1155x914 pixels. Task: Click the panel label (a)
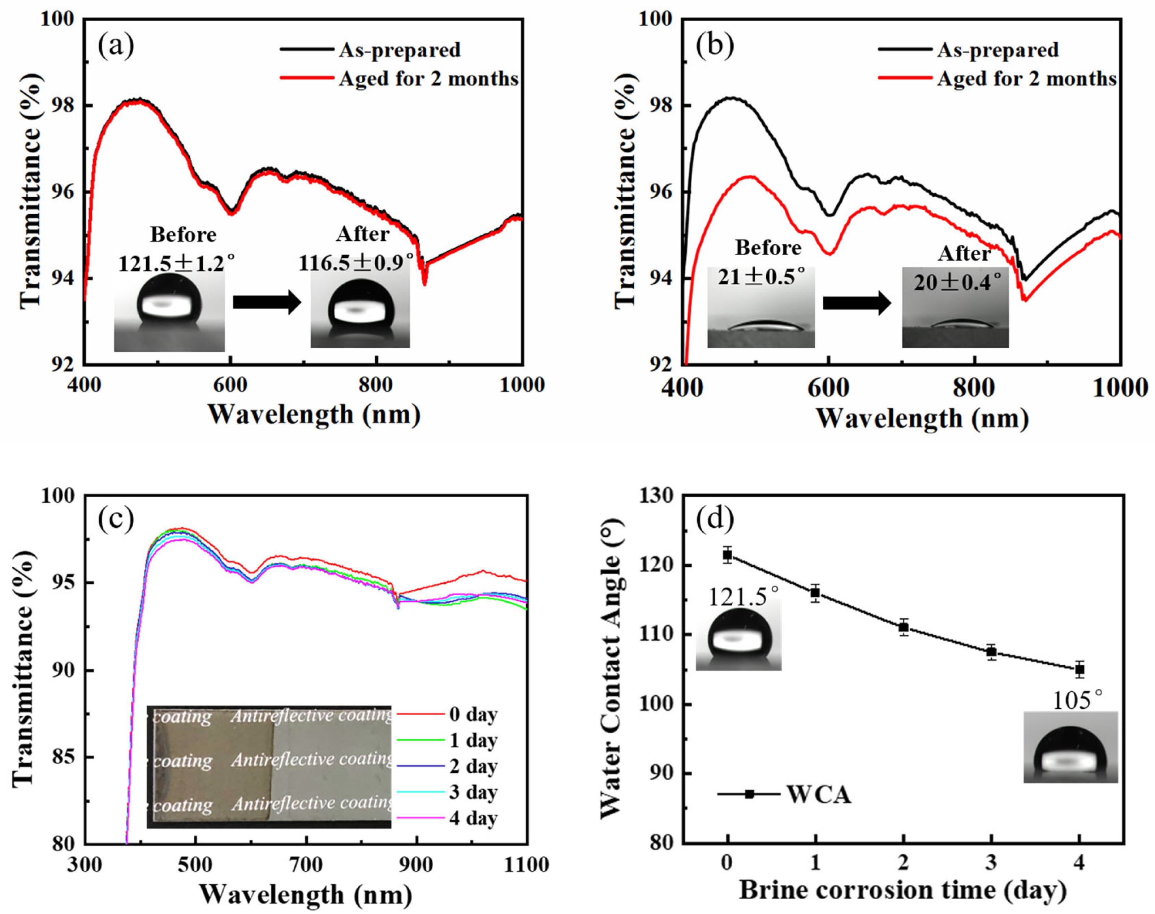pyautogui.click(x=116, y=46)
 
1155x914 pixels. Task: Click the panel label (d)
pyautogui.click(x=715, y=518)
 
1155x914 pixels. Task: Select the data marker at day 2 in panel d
pyautogui.click(x=904, y=627)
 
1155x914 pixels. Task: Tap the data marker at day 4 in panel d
pyautogui.click(x=1079, y=669)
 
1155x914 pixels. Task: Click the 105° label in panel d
pyautogui.click(x=1077, y=700)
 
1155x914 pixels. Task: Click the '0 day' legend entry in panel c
pyautogui.click(x=473, y=715)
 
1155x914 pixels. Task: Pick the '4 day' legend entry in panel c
pyautogui.click(x=473, y=818)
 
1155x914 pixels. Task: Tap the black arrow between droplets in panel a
pyautogui.click(x=267, y=302)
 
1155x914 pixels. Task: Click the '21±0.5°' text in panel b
pyautogui.click(x=761, y=277)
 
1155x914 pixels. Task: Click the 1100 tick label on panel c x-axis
pyautogui.click(x=526, y=865)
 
